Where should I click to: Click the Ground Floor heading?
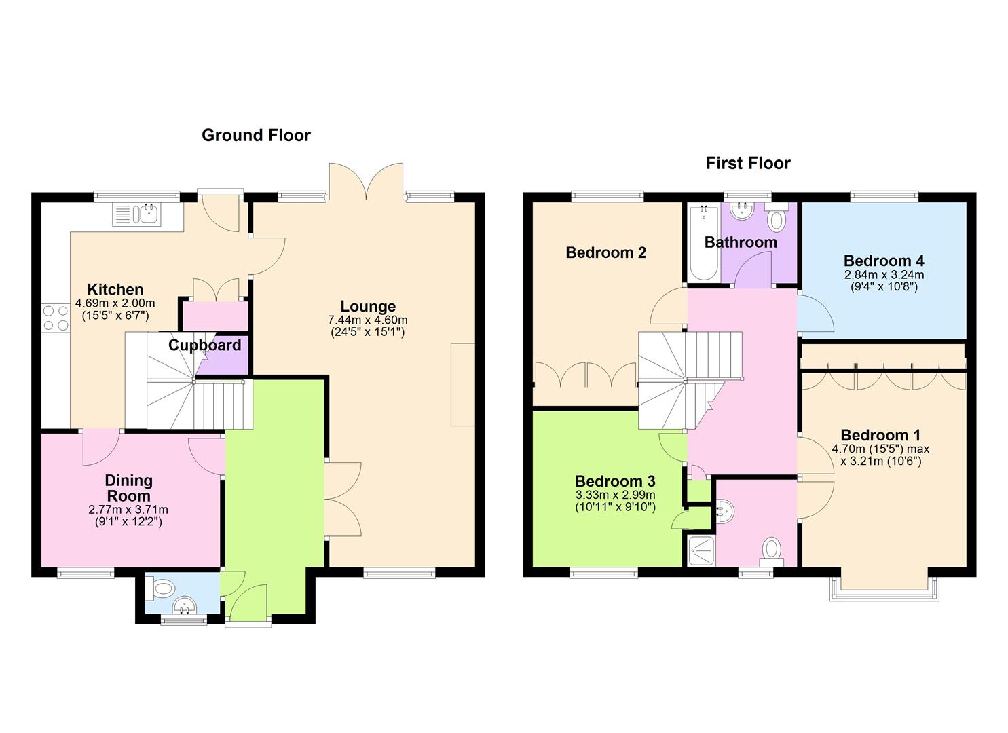point(256,136)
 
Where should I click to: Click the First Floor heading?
point(748,164)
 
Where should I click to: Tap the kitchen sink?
point(138,214)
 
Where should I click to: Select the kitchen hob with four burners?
point(55,318)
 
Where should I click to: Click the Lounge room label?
point(367,306)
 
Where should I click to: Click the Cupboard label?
point(204,345)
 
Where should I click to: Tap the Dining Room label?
point(128,488)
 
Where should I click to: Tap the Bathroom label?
point(741,242)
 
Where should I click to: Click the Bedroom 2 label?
point(605,252)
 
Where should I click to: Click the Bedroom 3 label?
point(614,481)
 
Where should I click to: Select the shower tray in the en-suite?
point(700,550)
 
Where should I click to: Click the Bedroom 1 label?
point(880,435)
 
